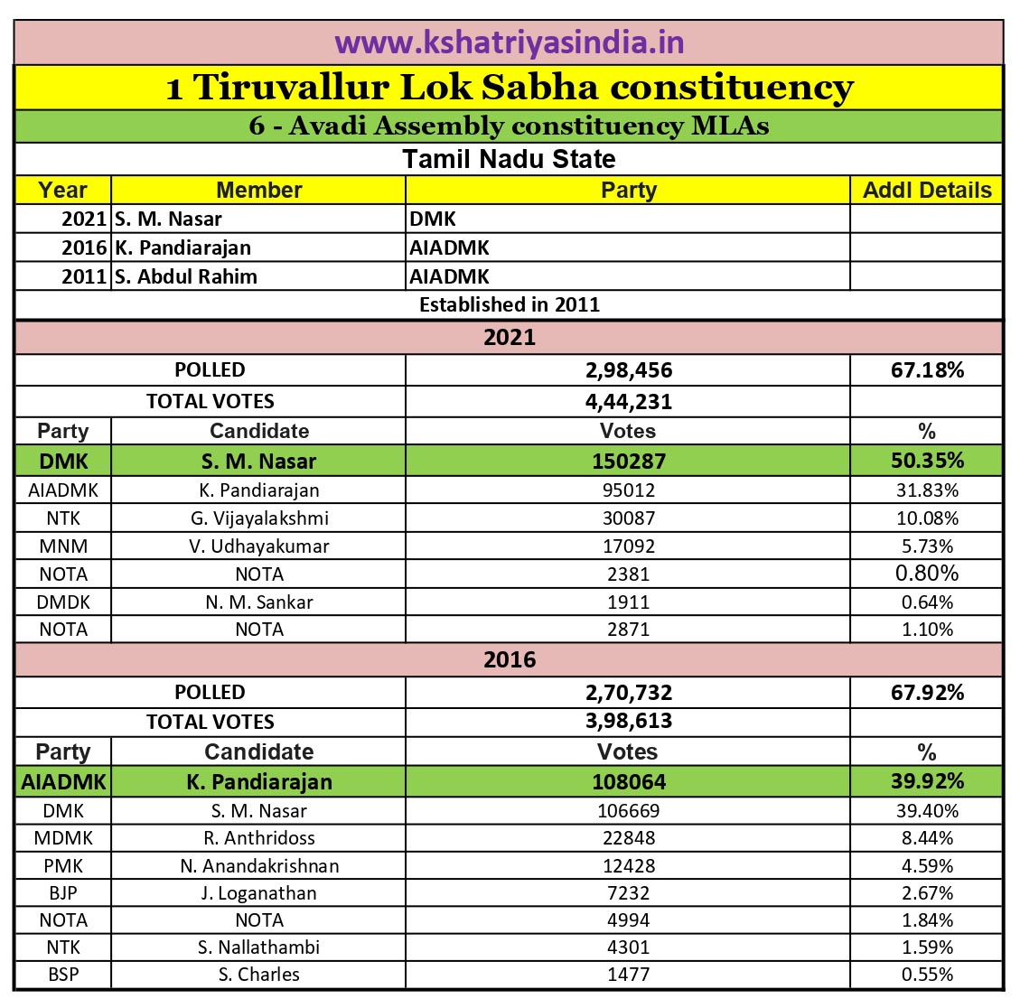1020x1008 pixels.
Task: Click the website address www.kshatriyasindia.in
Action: click(x=509, y=42)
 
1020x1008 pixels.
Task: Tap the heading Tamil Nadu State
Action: click(x=509, y=159)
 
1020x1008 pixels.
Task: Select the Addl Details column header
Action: click(x=926, y=191)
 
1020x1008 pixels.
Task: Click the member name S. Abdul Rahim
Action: click(x=186, y=276)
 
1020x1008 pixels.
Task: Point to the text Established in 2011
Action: click(x=509, y=304)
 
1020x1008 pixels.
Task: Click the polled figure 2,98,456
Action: click(x=628, y=370)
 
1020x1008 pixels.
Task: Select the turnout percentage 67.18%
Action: click(x=926, y=369)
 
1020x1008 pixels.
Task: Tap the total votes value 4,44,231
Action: click(x=628, y=402)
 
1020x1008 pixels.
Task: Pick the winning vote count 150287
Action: click(x=628, y=462)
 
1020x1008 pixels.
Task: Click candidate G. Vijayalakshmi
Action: click(x=259, y=518)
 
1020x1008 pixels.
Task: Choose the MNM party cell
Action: click(x=63, y=546)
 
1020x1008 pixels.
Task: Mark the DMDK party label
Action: click(x=63, y=602)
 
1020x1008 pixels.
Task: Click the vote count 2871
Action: click(x=628, y=630)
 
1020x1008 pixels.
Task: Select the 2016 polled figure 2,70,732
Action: click(x=628, y=693)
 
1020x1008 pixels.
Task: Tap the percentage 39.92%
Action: click(x=926, y=781)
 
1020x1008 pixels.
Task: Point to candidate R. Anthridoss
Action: click(x=259, y=838)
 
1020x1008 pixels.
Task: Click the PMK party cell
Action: click(x=63, y=866)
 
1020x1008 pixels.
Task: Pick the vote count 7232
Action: click(x=628, y=893)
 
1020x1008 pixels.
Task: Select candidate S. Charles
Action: click(x=259, y=975)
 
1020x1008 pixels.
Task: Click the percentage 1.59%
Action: click(x=926, y=947)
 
